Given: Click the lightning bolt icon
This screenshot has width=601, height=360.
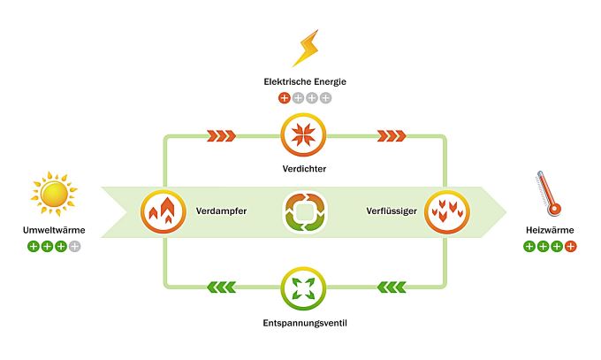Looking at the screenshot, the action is click(306, 48).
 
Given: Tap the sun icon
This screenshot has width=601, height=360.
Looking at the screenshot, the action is click(54, 194).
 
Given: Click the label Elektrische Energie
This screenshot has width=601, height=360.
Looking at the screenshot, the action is click(305, 81).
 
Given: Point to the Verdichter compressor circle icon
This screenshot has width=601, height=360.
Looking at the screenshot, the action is click(303, 134).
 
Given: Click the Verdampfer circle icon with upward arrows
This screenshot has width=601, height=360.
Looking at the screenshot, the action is click(164, 211).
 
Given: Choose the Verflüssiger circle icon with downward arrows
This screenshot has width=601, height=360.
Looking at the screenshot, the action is click(447, 211).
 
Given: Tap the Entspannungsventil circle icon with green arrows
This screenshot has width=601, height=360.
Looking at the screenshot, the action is click(303, 288).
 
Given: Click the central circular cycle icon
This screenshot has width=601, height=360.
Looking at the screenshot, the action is click(304, 212).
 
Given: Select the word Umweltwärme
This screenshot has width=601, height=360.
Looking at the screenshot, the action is click(54, 230).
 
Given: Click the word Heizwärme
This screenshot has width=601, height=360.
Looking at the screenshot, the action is click(550, 230).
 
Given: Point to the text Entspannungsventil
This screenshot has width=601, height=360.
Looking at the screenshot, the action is click(305, 323).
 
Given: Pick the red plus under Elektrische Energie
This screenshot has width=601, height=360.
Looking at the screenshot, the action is click(284, 98).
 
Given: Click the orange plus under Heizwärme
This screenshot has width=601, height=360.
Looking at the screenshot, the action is click(570, 247).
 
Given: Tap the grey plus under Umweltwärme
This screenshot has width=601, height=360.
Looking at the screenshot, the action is click(75, 247).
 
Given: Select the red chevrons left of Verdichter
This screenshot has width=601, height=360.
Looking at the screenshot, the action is click(221, 136).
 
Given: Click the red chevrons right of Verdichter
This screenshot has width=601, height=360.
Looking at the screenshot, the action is click(392, 136).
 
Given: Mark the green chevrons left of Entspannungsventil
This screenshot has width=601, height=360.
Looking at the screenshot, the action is click(221, 287).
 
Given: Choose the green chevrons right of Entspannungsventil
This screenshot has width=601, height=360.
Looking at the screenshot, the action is click(392, 287).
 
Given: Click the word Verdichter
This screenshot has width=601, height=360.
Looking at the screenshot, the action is click(304, 169).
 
